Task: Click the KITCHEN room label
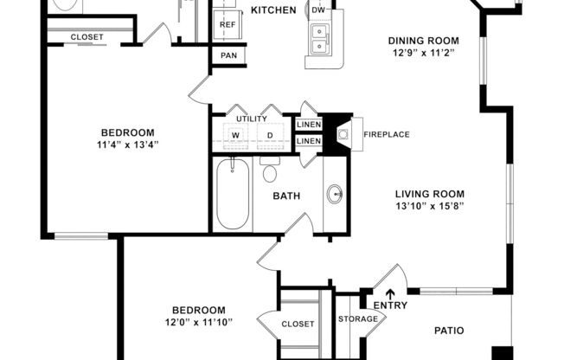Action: [273, 10]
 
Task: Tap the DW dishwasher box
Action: [318, 10]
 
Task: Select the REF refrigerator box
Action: [228, 25]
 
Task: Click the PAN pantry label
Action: [228, 55]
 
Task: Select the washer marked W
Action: [234, 135]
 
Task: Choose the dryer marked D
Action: [270, 135]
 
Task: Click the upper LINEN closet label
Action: [309, 124]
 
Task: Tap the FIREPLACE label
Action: [386, 134]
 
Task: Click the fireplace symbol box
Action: [343, 134]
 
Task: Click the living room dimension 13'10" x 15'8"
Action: [431, 208]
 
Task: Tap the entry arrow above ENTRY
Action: [388, 296]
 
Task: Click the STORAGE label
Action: [357, 319]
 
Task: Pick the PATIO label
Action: [448, 331]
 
